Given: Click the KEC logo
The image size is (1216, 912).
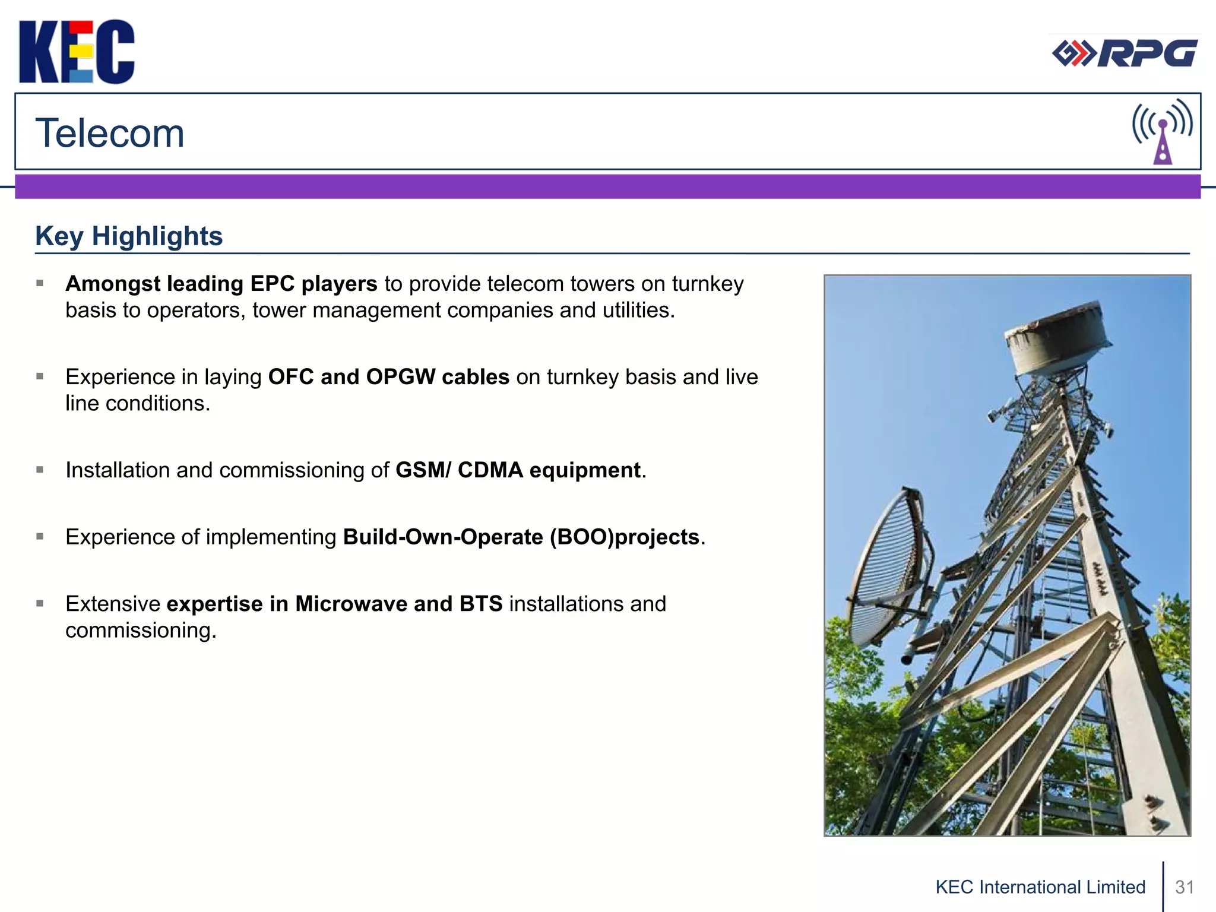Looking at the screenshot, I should point(77,52).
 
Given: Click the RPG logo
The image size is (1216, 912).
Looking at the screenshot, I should point(1125,53).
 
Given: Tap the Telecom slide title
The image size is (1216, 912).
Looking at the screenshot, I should point(110,133).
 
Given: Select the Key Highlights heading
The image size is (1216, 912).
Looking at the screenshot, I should point(129,236).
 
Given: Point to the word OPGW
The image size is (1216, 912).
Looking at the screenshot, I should point(400,377).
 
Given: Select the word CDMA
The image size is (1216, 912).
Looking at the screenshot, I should point(490,470).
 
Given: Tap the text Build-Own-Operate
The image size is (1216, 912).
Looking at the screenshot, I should point(443,537).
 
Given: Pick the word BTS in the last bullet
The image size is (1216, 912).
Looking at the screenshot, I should point(480,604).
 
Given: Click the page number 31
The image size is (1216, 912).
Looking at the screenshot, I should point(1185,887).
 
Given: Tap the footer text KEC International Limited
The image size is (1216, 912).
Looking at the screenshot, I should point(1040,887).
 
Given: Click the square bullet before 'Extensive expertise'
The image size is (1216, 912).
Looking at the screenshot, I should point(40,604).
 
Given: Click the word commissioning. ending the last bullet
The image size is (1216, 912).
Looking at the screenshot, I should point(141,631).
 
